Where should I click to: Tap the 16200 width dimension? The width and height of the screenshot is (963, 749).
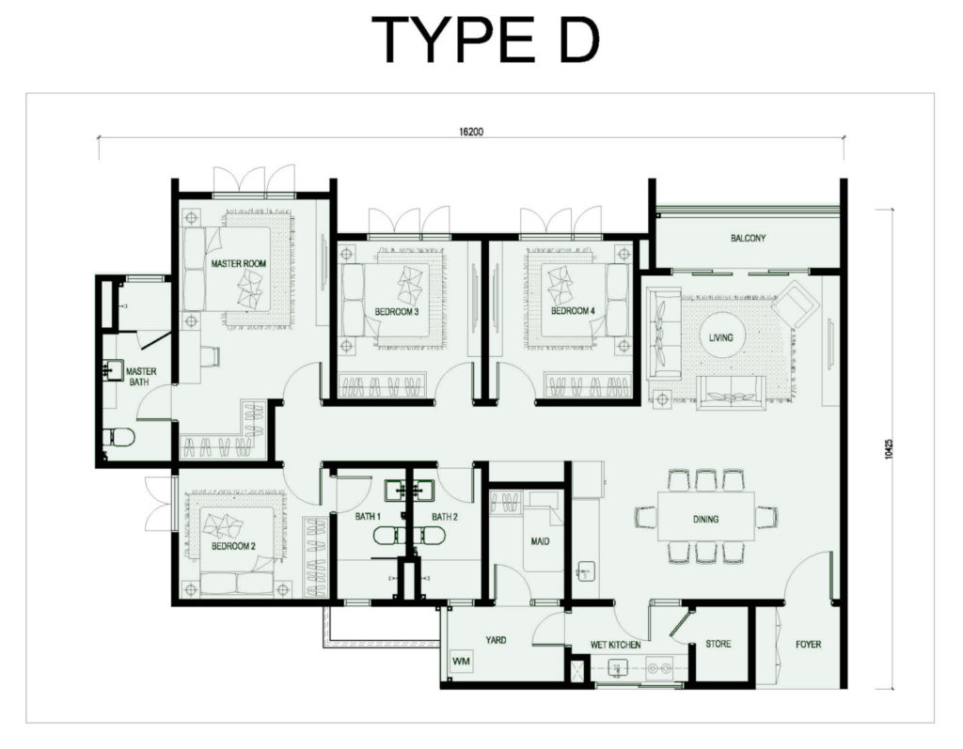tap(471, 133)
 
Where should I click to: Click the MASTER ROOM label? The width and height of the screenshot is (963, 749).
tap(238, 264)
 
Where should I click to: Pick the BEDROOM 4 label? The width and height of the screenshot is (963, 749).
tap(573, 311)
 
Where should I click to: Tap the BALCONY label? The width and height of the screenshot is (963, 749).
tap(748, 239)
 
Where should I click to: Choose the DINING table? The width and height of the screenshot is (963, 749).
tap(705, 519)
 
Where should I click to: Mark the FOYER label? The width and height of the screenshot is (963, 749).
tap(808, 645)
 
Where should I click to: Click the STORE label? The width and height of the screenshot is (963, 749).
tap(718, 645)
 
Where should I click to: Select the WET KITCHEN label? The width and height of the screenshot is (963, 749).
tap(616, 645)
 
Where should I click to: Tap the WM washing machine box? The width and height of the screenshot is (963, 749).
tap(461, 662)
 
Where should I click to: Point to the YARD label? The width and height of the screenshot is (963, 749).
tap(496, 640)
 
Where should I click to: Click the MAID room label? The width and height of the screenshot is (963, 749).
tap(540, 541)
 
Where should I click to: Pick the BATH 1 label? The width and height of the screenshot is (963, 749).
tap(367, 517)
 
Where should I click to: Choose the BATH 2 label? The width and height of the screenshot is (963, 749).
tap(445, 517)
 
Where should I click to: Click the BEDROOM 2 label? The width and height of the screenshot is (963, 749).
tap(234, 546)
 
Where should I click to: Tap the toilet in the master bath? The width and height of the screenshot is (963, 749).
tap(120, 437)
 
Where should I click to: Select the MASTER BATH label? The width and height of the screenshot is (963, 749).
tap(141, 377)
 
